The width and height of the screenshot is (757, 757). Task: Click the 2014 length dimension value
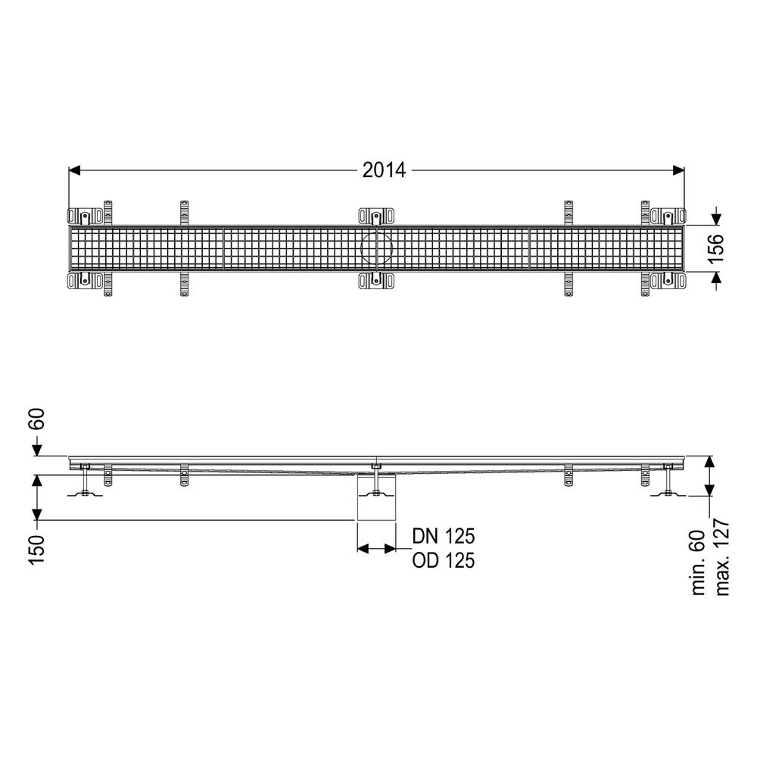point(385,170)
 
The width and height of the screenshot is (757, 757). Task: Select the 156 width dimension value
point(716,248)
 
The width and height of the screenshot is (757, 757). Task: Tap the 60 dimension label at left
point(37,419)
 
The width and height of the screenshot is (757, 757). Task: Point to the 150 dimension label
point(37,549)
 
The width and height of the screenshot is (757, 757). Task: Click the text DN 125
point(443,536)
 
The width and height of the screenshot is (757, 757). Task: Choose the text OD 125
point(443,560)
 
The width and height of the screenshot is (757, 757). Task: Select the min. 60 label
point(699,562)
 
